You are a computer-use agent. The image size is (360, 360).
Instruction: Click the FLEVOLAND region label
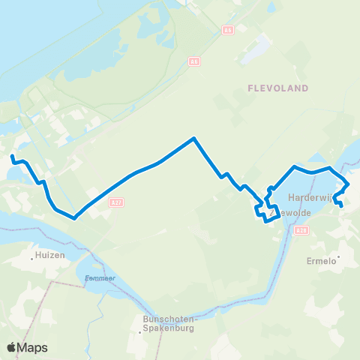click(278, 88)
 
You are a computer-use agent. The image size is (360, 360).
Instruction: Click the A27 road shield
click(115, 202)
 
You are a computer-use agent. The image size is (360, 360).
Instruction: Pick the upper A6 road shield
click(227, 29)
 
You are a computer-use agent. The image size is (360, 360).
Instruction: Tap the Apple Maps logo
click(28, 347)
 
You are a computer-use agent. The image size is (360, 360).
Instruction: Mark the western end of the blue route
click(12, 157)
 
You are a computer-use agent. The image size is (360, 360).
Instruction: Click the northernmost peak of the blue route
click(194, 139)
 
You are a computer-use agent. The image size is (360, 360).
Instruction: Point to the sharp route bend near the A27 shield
click(75, 218)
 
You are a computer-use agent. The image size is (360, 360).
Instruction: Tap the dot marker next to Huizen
click(34, 256)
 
